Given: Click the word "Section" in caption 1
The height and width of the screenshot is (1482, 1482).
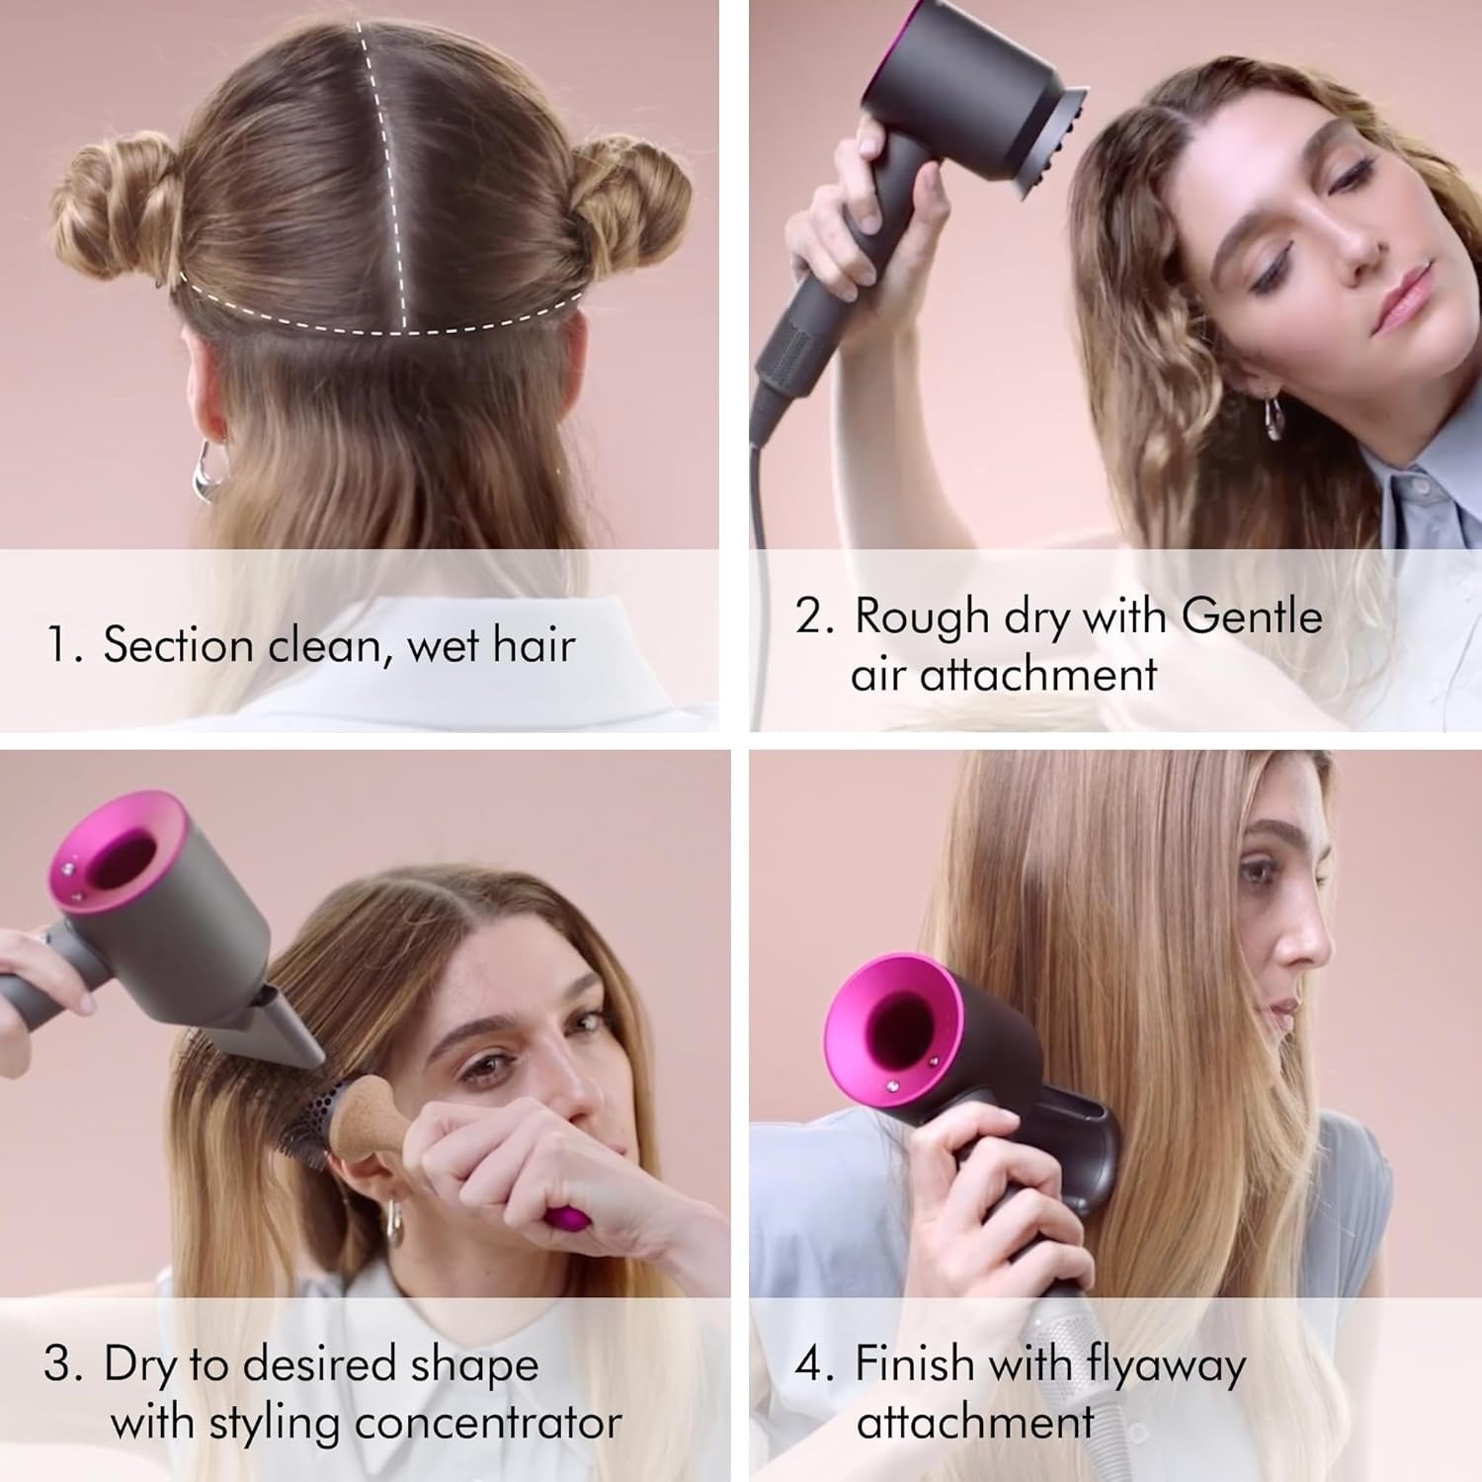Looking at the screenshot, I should click(x=178, y=645).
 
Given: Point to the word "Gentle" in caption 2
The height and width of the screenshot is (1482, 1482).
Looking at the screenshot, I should click(x=1251, y=616).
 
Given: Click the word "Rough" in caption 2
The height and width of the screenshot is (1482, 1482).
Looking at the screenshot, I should click(x=922, y=617).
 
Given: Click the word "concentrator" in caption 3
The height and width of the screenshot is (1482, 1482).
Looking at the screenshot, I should click(x=488, y=1423).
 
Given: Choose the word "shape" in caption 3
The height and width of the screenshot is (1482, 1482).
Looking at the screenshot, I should click(x=474, y=1366).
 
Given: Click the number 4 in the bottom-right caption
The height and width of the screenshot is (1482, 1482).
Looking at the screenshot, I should click(x=809, y=1365).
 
